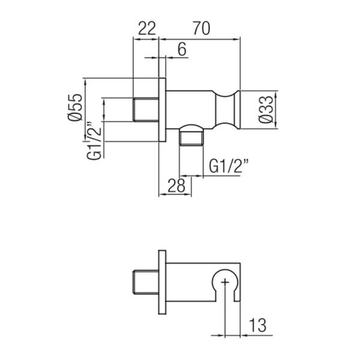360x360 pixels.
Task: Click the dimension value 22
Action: (147, 28)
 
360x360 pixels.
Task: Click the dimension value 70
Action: (202, 28)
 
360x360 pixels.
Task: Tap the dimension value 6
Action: (182, 49)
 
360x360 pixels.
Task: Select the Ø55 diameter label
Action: (75, 107)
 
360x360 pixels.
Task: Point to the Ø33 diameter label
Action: (266, 110)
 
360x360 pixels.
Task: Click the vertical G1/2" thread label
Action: (94, 141)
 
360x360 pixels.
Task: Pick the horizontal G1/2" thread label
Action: (229, 166)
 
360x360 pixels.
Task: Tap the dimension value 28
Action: (176, 185)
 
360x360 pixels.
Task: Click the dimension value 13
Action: (257, 325)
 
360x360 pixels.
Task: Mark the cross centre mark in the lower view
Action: (225, 281)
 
